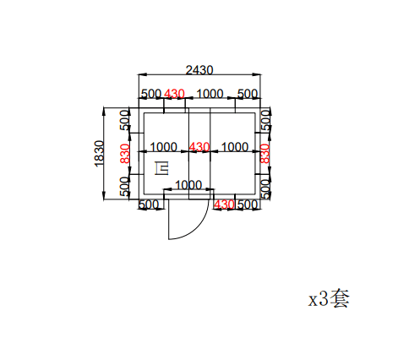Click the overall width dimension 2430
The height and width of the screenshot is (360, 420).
coord(199,69)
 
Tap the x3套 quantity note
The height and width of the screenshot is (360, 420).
coord(329,298)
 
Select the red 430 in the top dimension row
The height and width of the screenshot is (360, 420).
coord(174,93)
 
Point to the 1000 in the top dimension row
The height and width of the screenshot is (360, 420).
coord(210,93)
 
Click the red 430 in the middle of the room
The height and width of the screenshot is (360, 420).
coord(199,147)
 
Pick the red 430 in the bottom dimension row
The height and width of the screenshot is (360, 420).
coord(225,205)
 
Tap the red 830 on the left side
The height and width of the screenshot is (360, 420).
coord(124,153)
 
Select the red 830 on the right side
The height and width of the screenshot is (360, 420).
coord(265,153)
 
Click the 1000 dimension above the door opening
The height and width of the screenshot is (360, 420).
coord(188,185)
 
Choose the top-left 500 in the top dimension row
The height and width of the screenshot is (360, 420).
coord(150,93)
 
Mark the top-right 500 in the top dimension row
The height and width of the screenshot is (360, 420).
coord(248,93)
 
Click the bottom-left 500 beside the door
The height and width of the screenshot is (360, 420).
coord(148,205)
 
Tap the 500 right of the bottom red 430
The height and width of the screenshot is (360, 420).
coord(247,205)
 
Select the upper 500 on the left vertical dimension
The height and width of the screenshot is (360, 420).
coord(124,119)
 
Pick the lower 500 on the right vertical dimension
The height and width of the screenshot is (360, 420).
coord(265,186)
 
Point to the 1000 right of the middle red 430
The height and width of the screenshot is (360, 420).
coord(234,147)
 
